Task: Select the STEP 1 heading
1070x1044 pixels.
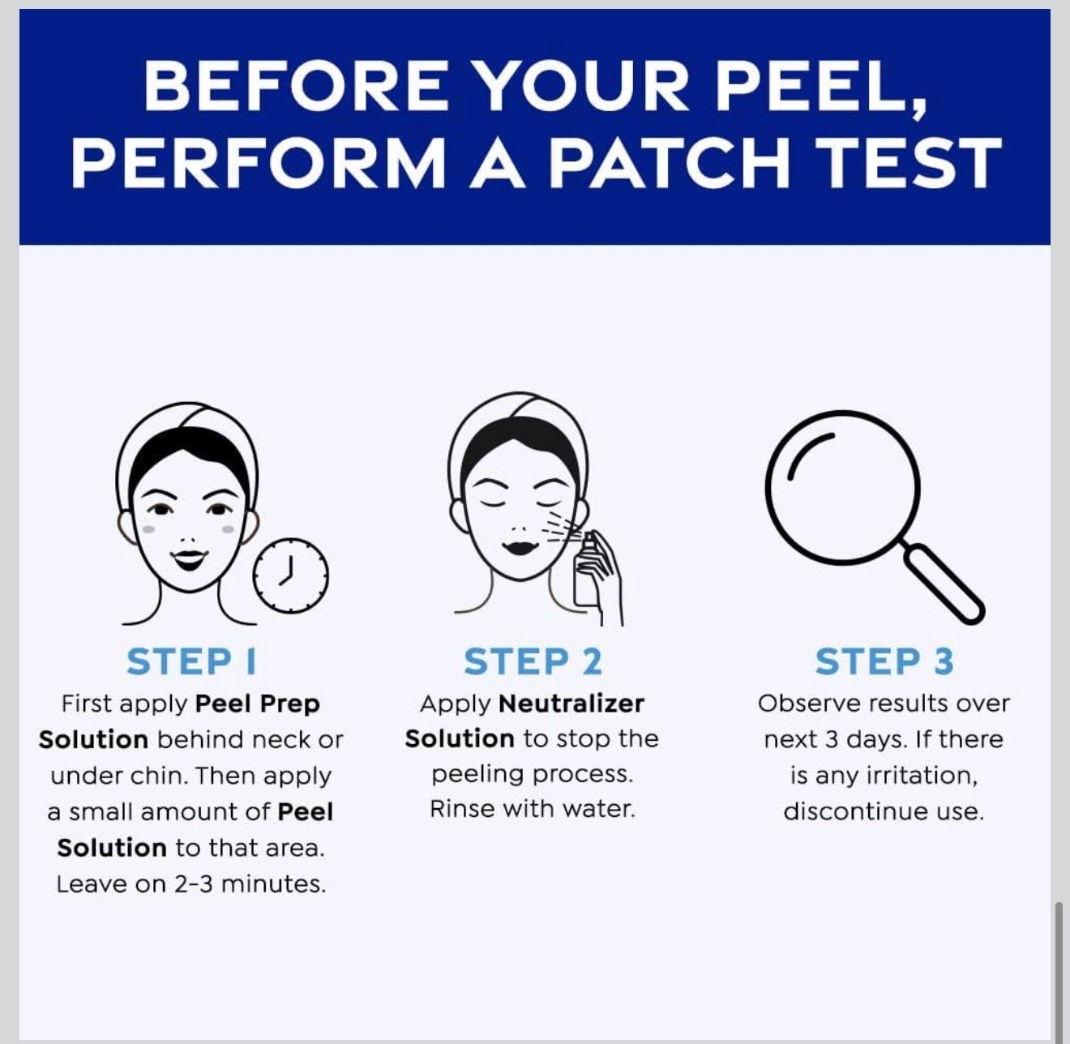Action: point(191,661)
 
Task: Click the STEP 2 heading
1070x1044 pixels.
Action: point(533,661)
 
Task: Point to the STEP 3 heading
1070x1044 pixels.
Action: point(884,661)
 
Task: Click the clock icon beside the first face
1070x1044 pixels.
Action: point(291,575)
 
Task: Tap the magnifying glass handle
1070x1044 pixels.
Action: point(944,584)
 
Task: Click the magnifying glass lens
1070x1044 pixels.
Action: point(841,487)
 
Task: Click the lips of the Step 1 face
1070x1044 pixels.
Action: point(189,558)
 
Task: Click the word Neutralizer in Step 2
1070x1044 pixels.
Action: point(571,704)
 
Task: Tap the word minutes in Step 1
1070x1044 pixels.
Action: point(273,884)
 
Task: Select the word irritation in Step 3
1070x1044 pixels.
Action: point(922,776)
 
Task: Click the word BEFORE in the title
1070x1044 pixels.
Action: point(295,85)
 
